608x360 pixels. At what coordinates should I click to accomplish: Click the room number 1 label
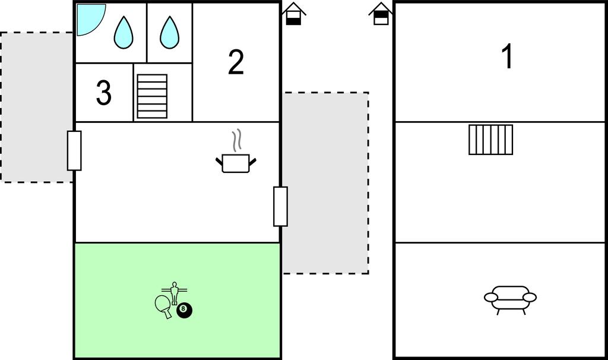[506, 57]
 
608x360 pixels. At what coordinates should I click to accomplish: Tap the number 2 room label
[236, 62]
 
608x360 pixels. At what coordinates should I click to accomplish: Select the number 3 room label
[103, 93]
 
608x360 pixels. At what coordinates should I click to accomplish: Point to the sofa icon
[510, 297]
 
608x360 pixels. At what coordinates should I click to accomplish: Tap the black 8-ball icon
[185, 310]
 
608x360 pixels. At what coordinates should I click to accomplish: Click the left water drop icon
[123, 32]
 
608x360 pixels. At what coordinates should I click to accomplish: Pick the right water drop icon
[169, 32]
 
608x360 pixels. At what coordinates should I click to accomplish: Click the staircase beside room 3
[152, 96]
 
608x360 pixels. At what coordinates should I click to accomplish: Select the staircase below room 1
[490, 140]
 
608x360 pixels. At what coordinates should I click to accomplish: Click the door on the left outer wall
[74, 150]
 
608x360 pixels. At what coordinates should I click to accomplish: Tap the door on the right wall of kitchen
[280, 206]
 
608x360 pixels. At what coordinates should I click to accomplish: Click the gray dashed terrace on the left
[36, 107]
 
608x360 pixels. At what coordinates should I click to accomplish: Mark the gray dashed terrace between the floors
[325, 182]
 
